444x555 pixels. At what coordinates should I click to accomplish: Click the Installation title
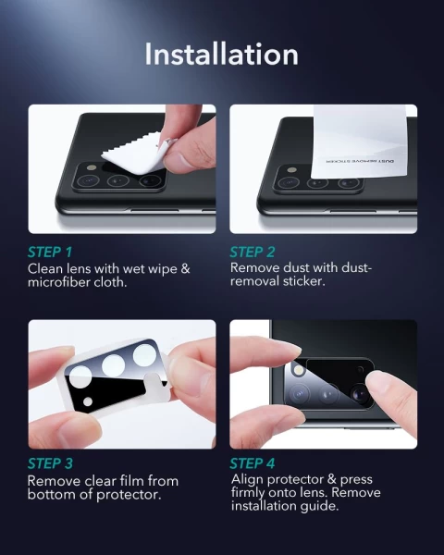(222, 54)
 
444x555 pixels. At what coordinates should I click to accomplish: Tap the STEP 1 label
(50, 252)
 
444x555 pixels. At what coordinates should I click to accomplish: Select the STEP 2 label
(253, 252)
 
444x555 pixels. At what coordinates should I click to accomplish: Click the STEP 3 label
(50, 463)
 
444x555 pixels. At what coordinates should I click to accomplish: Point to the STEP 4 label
(253, 463)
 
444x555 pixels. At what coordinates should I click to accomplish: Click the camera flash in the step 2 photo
(292, 170)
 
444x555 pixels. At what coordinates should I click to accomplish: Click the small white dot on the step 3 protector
(88, 401)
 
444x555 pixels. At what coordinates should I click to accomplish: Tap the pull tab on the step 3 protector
(157, 388)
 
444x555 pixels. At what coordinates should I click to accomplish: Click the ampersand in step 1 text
(185, 268)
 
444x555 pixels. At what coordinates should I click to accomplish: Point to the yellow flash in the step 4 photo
(300, 371)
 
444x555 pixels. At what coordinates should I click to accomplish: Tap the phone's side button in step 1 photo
(154, 211)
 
